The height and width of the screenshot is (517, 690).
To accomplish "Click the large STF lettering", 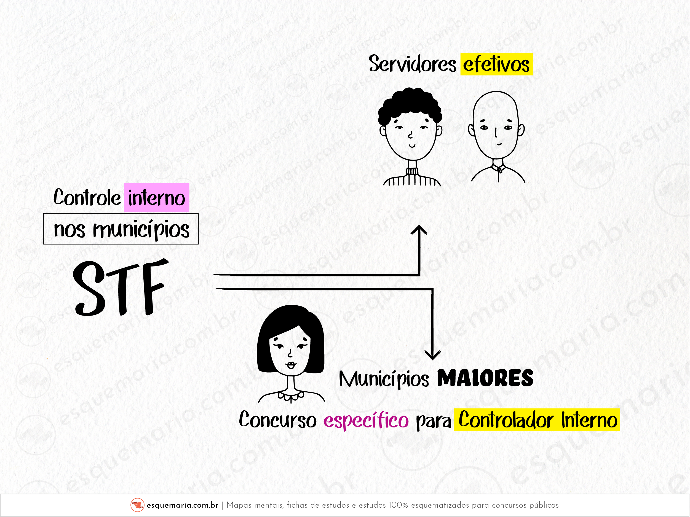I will pyautogui.click(x=120, y=287).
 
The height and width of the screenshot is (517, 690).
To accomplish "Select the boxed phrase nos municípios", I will pyautogui.click(x=121, y=229).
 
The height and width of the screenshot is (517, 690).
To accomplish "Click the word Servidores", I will pyautogui.click(x=412, y=64).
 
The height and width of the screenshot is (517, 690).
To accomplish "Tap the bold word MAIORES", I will pyautogui.click(x=485, y=378).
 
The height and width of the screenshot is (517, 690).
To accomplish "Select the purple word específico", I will pyautogui.click(x=366, y=420).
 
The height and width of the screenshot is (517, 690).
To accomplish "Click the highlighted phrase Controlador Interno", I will pyautogui.click(x=537, y=420).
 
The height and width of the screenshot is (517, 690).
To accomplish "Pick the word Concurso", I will pyautogui.click(x=278, y=420).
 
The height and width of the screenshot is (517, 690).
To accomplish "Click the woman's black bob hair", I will pyautogui.click(x=290, y=321).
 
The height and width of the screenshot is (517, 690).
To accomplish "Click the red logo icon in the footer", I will pyautogui.click(x=137, y=505).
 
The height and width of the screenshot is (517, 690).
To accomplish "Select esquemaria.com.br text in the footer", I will pyautogui.click(x=183, y=505).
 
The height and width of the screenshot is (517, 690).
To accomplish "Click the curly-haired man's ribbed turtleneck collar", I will pyautogui.click(x=412, y=171).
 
